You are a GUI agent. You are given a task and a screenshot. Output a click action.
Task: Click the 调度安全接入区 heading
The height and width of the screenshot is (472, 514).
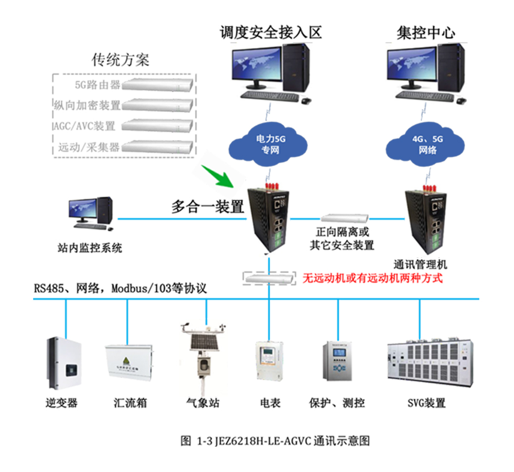pos(270,33)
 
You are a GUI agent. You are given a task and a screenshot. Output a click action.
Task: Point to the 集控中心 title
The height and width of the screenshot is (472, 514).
pos(426,33)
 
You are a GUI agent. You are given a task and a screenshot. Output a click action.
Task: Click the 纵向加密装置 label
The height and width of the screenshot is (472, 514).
pos(87,105)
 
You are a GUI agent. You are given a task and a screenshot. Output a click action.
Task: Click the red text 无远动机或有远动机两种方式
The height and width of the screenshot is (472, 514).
pos(372,277)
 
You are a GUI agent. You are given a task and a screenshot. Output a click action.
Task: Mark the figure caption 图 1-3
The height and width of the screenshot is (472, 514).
pos(275,441)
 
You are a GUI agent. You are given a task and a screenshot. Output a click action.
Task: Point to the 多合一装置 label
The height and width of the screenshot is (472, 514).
pos(208,207)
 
